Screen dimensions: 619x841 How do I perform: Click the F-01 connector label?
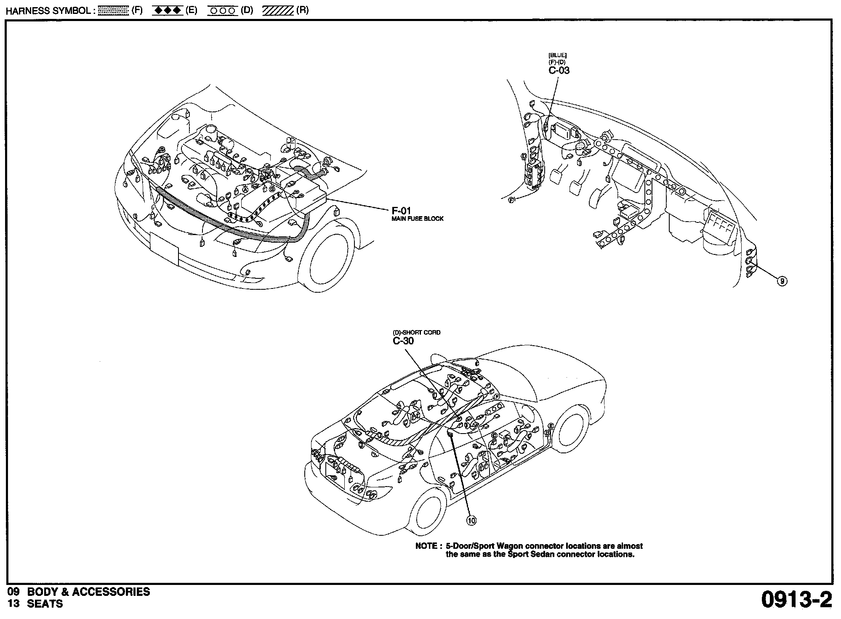(x=401, y=211)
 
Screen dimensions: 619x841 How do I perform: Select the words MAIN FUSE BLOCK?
(x=417, y=219)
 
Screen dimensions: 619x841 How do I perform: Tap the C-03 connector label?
(x=559, y=71)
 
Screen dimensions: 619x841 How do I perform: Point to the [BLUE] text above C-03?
(x=557, y=55)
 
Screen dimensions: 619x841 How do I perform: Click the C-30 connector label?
(x=403, y=341)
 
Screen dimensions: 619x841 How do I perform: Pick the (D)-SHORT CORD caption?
(x=416, y=333)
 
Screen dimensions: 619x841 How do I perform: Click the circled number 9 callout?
(x=782, y=281)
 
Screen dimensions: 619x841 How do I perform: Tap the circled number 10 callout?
(x=471, y=521)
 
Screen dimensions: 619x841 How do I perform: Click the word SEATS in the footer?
(x=45, y=604)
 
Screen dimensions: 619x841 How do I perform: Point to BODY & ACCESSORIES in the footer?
(x=88, y=592)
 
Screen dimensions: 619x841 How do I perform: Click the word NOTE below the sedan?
(x=426, y=546)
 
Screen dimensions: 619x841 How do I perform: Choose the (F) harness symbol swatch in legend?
(x=113, y=11)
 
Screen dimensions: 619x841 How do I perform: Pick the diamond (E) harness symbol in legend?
(x=167, y=11)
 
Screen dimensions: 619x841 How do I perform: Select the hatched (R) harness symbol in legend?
(x=277, y=11)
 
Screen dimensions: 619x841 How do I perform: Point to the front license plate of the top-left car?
(x=164, y=248)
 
